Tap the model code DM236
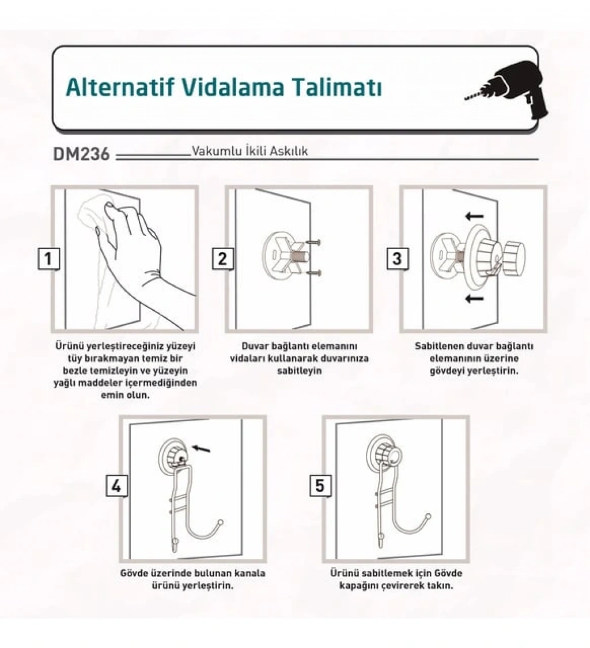tap(81, 154)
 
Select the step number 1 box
tap(49, 259)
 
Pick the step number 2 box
tap(223, 259)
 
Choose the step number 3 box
tap(397, 259)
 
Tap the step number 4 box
tap(117, 486)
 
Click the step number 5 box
tap(321, 486)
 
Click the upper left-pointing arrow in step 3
tap(474, 216)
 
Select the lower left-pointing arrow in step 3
tap(474, 298)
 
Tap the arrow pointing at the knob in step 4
tap(202, 448)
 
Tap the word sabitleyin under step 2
tap(299, 371)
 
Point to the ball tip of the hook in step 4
tap(221, 523)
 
